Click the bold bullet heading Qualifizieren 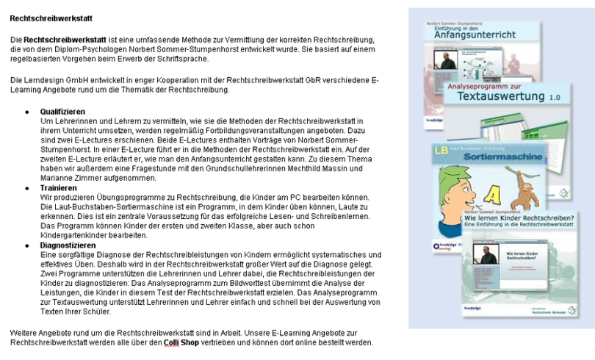point(62,111)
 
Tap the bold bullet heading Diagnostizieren point(68,245)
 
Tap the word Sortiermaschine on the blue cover point(488,157)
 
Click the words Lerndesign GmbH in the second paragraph point(63,79)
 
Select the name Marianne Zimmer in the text point(68,178)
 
